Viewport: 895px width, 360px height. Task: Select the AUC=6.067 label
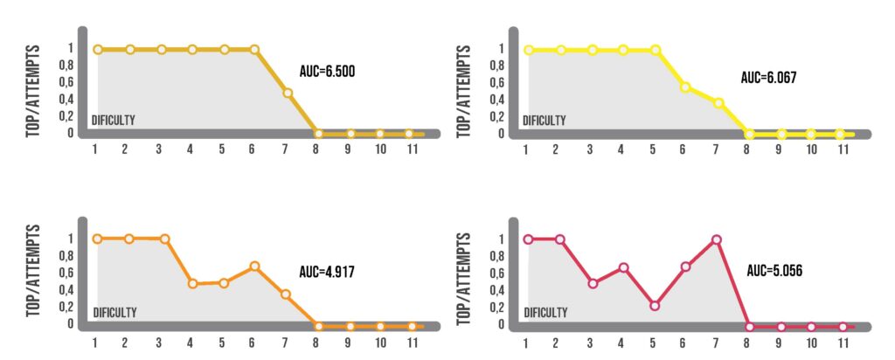point(768,78)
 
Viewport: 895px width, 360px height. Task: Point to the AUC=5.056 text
point(774,271)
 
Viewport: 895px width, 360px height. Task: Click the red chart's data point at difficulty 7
point(717,239)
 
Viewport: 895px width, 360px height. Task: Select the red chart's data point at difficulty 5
point(654,306)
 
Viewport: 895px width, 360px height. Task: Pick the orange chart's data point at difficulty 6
point(254,266)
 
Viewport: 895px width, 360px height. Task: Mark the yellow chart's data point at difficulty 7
point(718,103)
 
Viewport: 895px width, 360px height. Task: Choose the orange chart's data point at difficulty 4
point(191,284)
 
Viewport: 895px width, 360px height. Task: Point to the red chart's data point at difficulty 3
point(593,283)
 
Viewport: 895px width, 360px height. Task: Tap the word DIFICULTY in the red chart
point(545,312)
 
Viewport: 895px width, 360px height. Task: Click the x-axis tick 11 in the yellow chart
point(843,149)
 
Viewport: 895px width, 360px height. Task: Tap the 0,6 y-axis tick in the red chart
point(503,273)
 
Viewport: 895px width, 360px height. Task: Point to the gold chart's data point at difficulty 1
point(97,50)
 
